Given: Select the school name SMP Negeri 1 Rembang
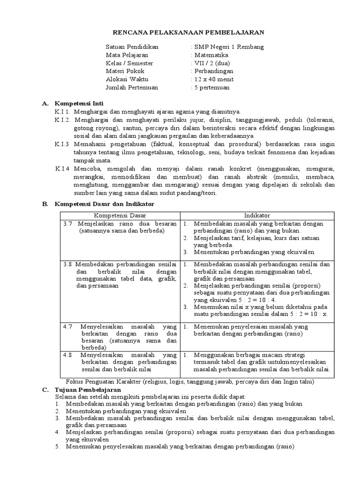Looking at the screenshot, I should tap(229, 47).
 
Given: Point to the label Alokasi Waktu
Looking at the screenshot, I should tap(127, 79).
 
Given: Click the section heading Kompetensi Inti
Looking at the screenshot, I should tap(79, 103).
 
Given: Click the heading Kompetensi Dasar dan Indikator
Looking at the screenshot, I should tap(105, 204).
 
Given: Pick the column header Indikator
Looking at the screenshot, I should tap(257, 215).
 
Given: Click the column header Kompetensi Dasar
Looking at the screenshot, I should tap(120, 215).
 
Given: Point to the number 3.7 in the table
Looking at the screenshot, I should tap(67, 224).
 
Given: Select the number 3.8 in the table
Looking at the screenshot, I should tap(67, 264).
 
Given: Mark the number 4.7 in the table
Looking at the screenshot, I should tap(67, 326).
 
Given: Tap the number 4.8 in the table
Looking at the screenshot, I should tap(67, 355).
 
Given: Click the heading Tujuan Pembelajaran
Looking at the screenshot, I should tap(88, 390).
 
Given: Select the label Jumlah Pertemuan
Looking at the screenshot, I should tap(132, 87).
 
